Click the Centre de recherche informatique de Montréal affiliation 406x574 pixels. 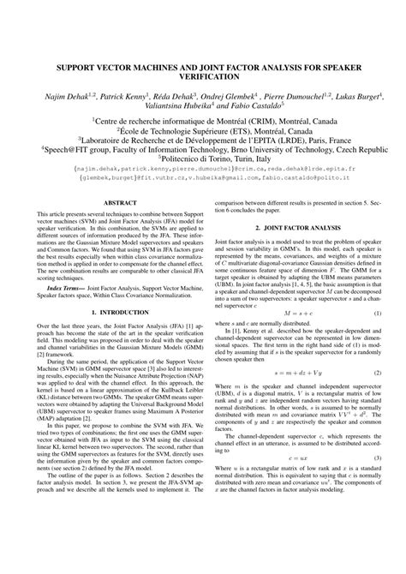(203, 124)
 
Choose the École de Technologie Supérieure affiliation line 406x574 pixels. (203, 135)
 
